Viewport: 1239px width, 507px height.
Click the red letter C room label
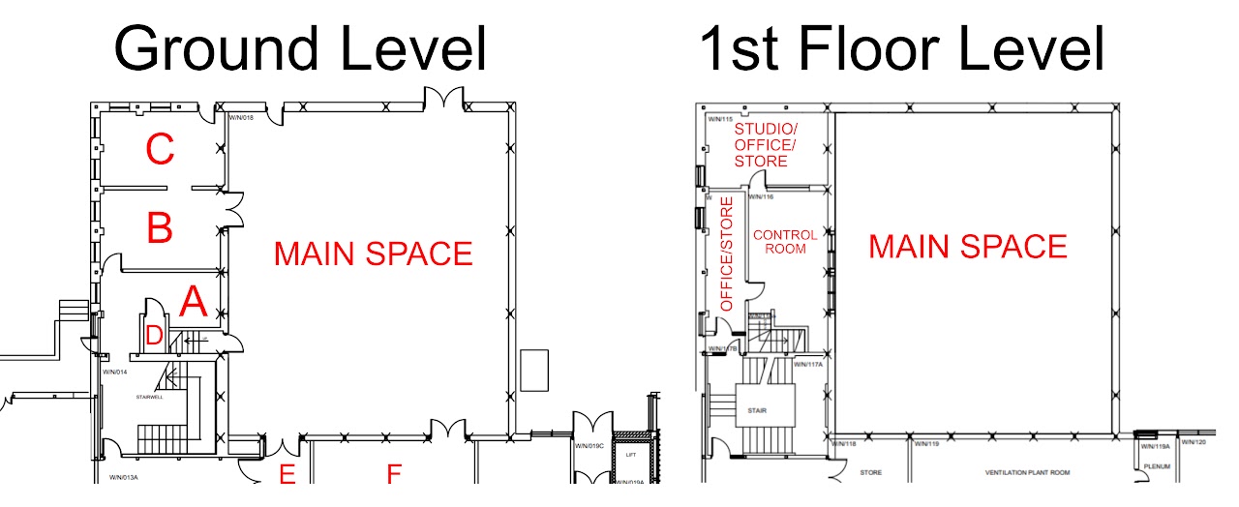tap(160, 150)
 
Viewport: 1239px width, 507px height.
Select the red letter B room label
tap(160, 229)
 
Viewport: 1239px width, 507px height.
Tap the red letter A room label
tap(194, 303)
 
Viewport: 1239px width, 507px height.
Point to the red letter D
tap(154, 337)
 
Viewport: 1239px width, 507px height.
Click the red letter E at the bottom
tap(287, 475)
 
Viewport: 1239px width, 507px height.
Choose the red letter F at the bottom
tap(394, 475)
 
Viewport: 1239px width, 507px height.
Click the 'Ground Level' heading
tap(300, 48)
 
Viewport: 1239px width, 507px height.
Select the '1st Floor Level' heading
tap(900, 48)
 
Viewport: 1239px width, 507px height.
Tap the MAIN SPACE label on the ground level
tap(373, 253)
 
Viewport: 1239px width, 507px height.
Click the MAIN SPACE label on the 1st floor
tap(967, 247)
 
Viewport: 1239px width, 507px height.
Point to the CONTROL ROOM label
tap(785, 241)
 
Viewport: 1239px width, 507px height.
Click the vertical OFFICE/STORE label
tap(727, 253)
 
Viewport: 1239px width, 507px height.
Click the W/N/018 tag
tap(240, 118)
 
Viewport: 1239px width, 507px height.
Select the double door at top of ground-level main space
tap(445, 98)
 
